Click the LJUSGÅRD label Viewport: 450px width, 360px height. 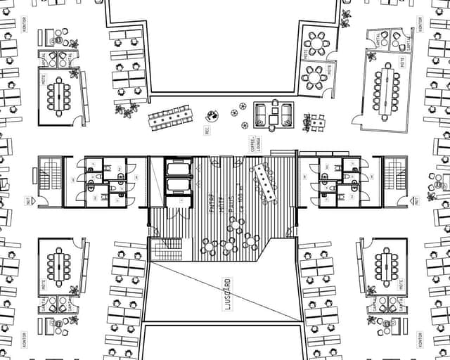[226, 290]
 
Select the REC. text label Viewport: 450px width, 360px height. [207, 131]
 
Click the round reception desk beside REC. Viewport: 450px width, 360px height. [212, 115]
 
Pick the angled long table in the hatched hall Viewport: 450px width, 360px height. [266, 180]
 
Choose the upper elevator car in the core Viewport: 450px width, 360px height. [178, 169]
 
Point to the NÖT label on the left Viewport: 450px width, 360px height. [28, 200]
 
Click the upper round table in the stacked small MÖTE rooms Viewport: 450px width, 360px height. [317, 44]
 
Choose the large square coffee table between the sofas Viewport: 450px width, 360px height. [273, 114]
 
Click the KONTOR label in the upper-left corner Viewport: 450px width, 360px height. [25, 24]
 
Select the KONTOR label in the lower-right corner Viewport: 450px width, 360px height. [420, 339]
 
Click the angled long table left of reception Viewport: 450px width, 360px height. [169, 117]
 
